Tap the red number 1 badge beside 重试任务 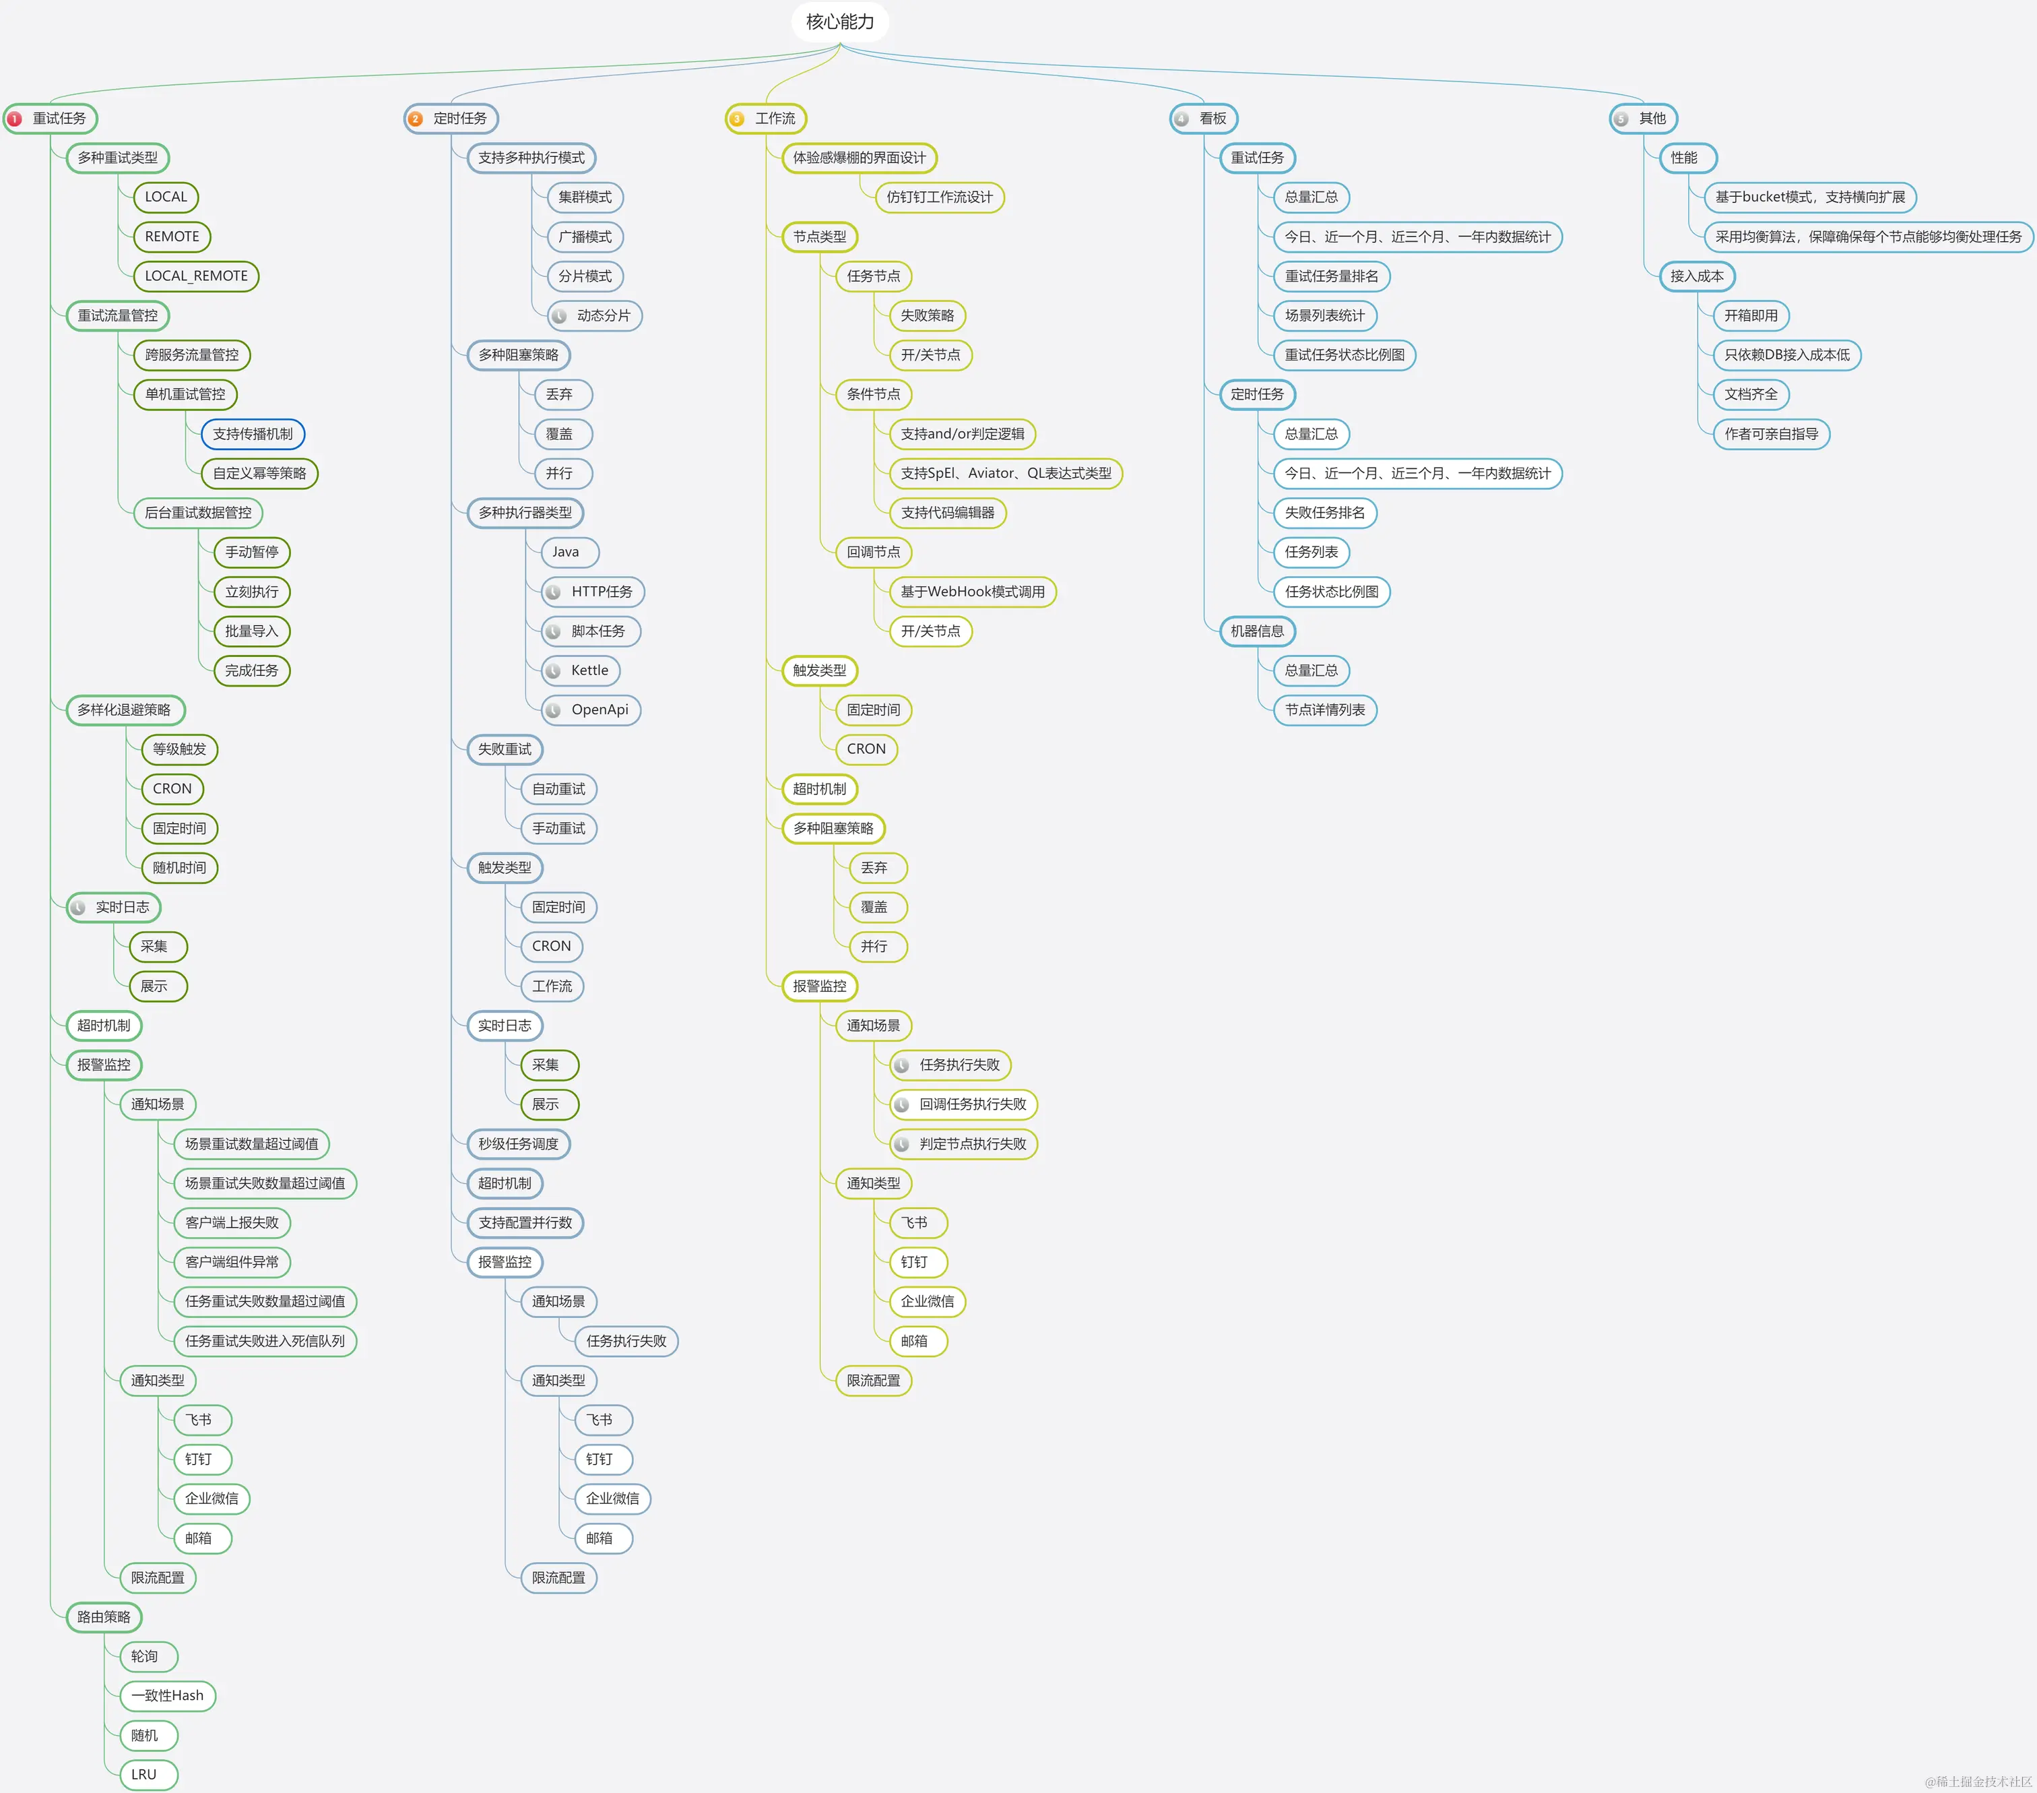point(15,119)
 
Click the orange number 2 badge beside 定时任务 point(416,119)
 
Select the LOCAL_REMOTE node point(195,276)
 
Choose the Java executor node point(565,552)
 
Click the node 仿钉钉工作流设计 point(939,197)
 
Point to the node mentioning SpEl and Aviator point(1006,474)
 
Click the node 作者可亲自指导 point(1770,433)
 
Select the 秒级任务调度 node point(518,1143)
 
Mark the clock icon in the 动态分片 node point(560,316)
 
